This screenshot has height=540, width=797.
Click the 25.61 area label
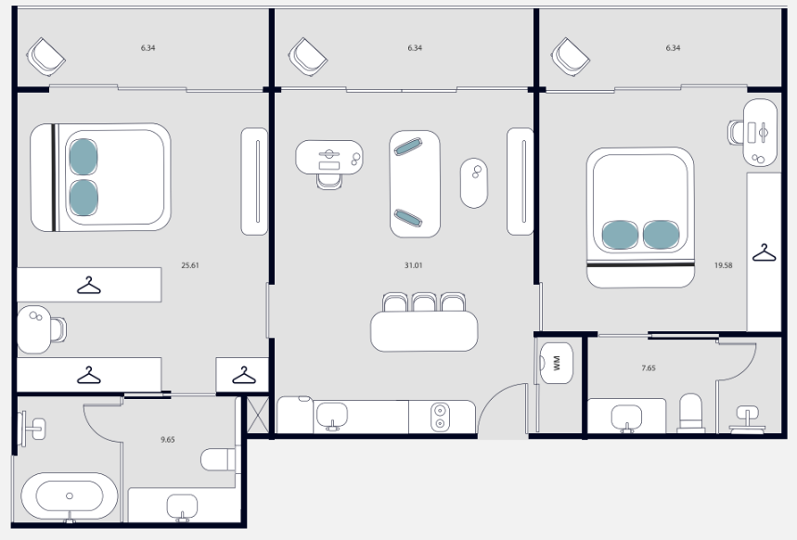click(x=190, y=265)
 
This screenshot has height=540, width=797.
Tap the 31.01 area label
click(x=413, y=265)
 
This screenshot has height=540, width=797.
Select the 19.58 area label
click(x=724, y=265)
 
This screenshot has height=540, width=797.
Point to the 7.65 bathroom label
click(x=649, y=367)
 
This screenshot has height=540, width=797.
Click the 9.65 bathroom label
click(x=168, y=439)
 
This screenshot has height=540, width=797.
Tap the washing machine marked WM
click(x=556, y=363)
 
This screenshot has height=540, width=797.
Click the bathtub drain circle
click(x=70, y=495)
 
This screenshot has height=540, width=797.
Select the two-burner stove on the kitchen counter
click(x=440, y=417)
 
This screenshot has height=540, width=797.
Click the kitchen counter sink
click(x=332, y=416)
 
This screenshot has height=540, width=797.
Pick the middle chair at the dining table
click(x=424, y=302)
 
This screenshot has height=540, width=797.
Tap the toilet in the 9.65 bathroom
click(x=218, y=459)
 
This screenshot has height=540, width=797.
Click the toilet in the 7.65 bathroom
click(x=691, y=413)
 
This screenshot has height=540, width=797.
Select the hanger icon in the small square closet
click(x=244, y=375)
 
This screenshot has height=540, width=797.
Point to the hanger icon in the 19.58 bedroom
click(x=764, y=252)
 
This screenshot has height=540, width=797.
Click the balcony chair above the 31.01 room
click(x=308, y=57)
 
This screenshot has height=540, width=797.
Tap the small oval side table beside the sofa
click(x=474, y=183)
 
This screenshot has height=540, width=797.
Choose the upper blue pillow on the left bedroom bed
click(x=83, y=157)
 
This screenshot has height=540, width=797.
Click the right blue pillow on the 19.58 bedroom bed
click(x=661, y=235)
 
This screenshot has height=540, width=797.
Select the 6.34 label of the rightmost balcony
click(x=673, y=48)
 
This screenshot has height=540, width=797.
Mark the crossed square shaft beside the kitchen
click(x=257, y=415)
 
